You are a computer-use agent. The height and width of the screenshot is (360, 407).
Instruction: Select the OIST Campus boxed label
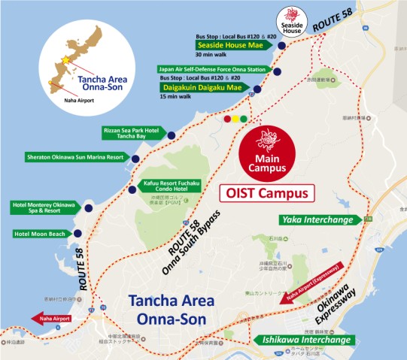coord(267,193)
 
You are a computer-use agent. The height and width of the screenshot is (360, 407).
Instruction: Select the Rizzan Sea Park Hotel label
coord(132,133)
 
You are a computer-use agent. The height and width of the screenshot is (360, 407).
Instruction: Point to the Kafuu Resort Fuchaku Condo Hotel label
coord(172,185)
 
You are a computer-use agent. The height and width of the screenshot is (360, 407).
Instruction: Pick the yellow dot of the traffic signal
coord(235,119)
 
